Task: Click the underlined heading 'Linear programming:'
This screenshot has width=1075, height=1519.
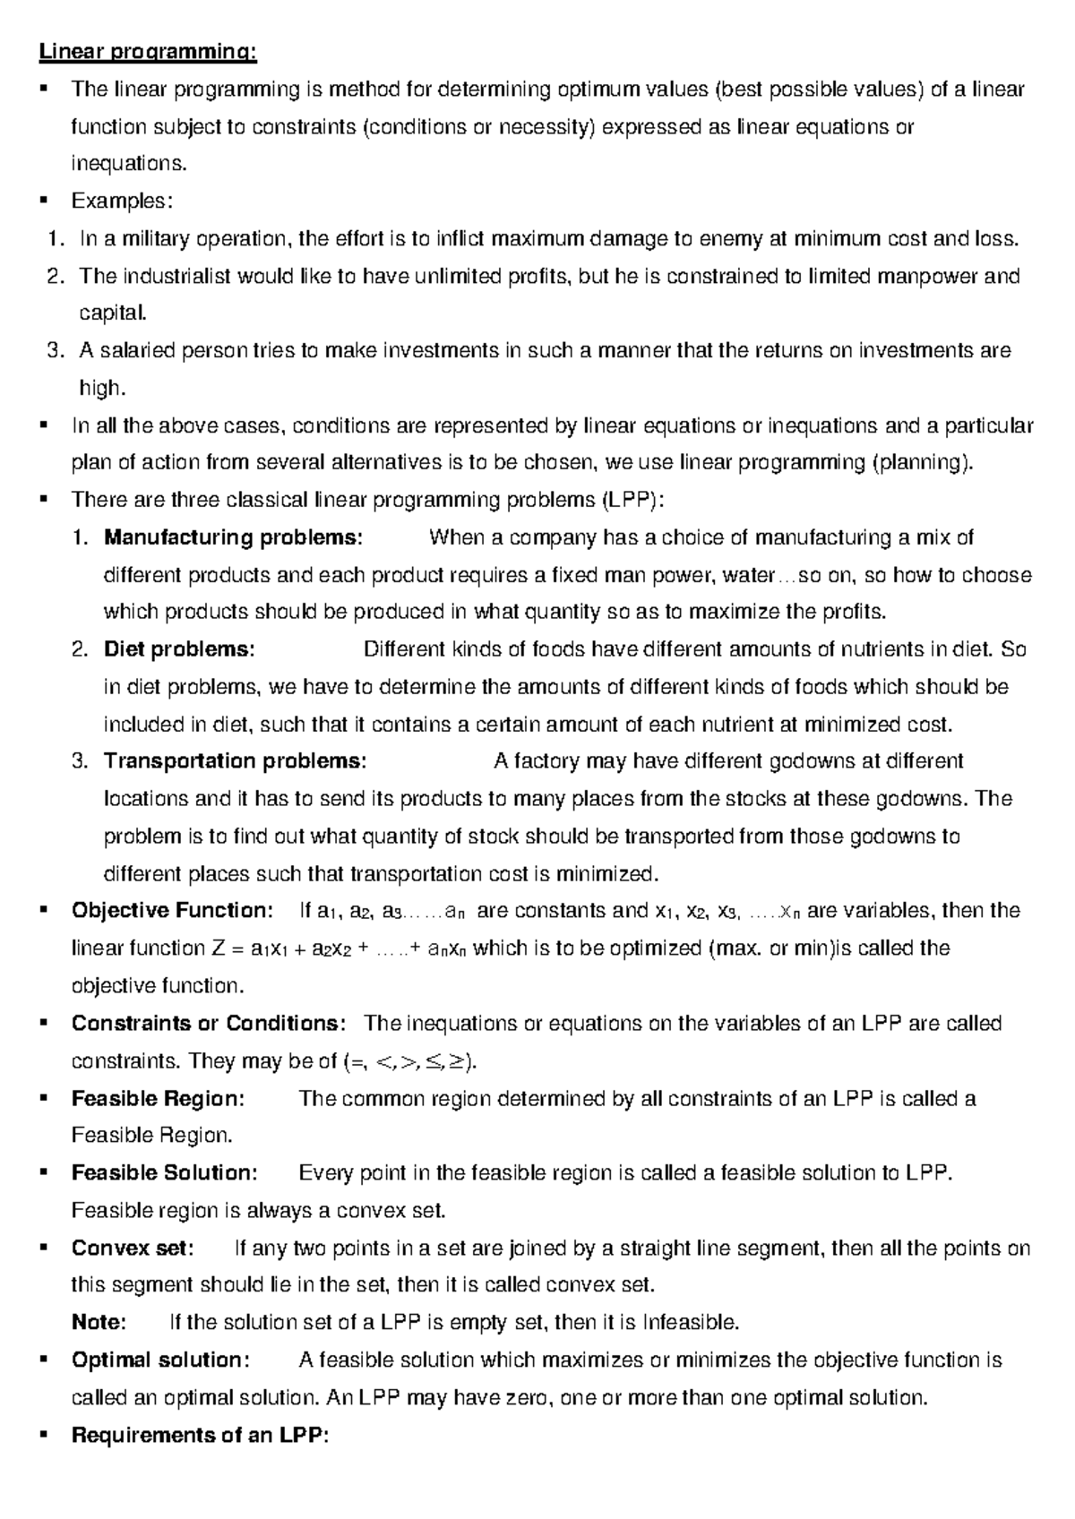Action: [148, 52]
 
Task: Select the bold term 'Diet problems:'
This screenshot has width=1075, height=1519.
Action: [179, 649]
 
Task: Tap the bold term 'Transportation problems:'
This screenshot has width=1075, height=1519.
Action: [236, 761]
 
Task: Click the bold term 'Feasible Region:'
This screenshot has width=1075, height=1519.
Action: [158, 1098]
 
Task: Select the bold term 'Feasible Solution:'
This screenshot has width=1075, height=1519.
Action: [165, 1172]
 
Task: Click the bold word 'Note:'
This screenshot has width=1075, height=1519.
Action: [99, 1322]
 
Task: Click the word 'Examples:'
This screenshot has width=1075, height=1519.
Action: [122, 201]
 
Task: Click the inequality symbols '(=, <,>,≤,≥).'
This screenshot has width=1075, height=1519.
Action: [411, 1061]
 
